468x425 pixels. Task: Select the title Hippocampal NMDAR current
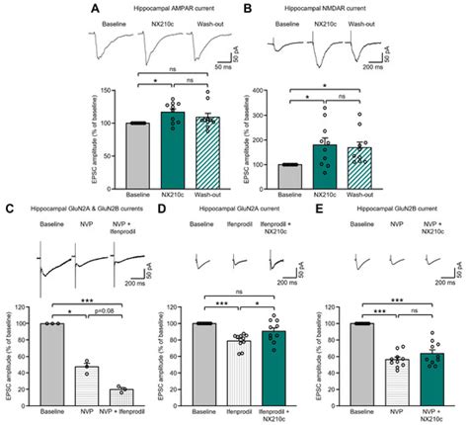coord(322,9)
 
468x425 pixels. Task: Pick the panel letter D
coord(159,210)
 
